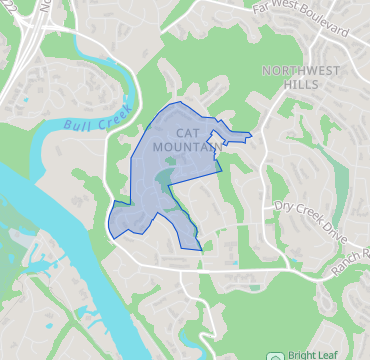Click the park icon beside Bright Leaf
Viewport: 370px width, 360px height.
(275, 355)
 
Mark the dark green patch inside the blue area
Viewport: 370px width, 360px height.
(164, 180)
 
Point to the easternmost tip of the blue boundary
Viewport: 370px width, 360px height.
(251, 135)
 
